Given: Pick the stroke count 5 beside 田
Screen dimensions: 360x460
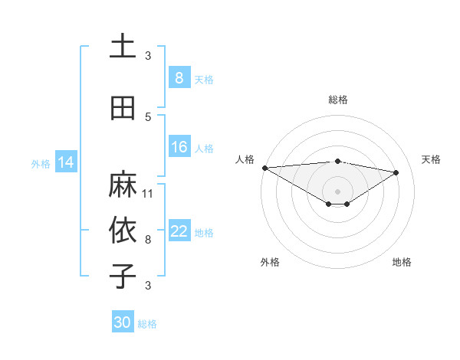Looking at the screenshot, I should click(x=148, y=116).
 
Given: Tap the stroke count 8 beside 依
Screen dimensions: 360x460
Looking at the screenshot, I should click(x=148, y=239).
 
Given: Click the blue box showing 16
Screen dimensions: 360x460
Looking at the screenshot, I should click(x=179, y=148).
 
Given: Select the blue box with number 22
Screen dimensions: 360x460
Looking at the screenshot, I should click(x=179, y=232).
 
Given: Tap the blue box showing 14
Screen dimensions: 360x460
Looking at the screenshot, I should click(x=66, y=162).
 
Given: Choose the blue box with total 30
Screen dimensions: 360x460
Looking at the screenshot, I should click(x=123, y=323).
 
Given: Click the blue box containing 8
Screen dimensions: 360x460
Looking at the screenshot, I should click(x=179, y=78).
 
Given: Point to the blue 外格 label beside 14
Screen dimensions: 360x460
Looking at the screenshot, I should click(x=41, y=163).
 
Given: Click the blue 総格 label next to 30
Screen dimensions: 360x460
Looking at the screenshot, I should click(x=147, y=324).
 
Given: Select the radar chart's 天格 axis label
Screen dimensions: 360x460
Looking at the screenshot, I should click(x=432, y=159).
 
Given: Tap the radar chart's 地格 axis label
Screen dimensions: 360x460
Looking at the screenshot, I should click(x=402, y=262).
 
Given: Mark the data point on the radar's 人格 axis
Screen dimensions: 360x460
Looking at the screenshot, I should click(x=264, y=168).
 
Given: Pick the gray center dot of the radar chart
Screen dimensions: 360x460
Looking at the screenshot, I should click(x=337, y=190).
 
